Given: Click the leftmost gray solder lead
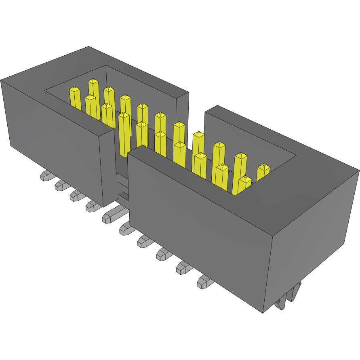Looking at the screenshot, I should point(46,176).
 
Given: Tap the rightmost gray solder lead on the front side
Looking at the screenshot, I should point(205,282).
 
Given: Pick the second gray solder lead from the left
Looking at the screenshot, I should point(61,185).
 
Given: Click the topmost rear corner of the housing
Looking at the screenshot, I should point(88,46).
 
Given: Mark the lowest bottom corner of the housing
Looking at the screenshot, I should point(263,313).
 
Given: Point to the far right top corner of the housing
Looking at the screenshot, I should point(359,171).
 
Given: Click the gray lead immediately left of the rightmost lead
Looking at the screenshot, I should point(184,268).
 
